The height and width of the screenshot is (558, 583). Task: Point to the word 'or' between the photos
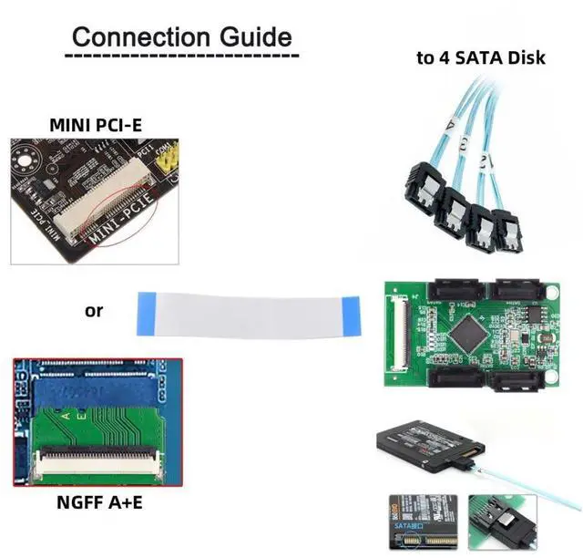[x=94, y=311]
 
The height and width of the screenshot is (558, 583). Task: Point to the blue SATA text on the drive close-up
[x=406, y=527]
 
